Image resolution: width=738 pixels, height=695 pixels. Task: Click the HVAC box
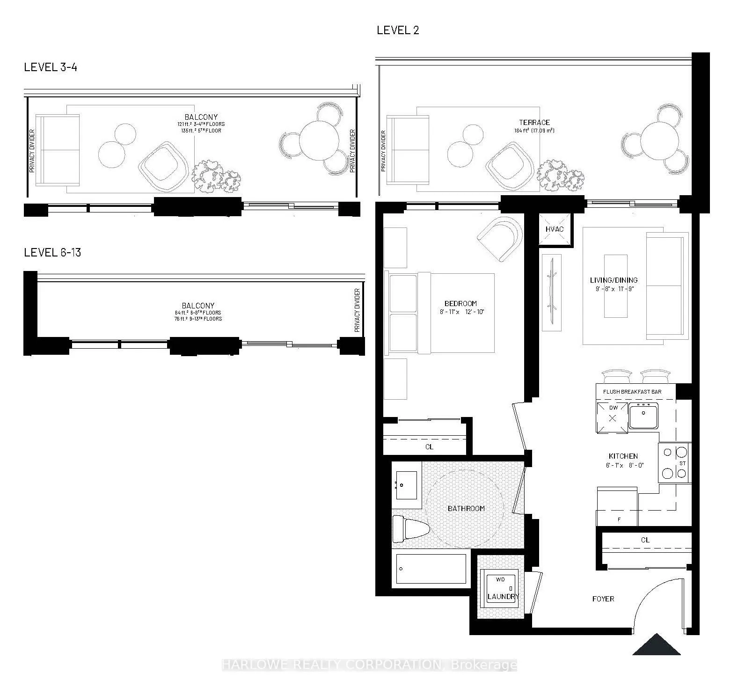point(555,229)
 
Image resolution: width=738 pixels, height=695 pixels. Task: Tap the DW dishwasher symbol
point(612,417)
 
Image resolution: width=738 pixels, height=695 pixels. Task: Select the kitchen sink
point(643,416)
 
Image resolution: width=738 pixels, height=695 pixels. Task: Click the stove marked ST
point(674,463)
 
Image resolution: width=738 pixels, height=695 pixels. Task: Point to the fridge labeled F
point(617,507)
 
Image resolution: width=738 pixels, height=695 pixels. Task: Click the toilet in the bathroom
point(410,529)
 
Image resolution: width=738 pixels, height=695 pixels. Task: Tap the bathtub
point(431,569)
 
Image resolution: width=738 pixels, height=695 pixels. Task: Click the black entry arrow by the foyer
point(657,645)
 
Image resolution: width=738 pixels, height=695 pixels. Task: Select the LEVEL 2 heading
point(398,30)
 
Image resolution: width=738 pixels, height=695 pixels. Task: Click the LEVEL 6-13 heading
point(52,253)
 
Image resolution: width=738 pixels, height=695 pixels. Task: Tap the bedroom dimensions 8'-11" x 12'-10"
point(460,311)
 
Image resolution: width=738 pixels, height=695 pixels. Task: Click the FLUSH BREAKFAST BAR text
point(632,392)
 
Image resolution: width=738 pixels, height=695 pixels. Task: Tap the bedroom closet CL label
point(429,446)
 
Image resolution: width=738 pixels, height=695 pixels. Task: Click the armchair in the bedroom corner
point(500,238)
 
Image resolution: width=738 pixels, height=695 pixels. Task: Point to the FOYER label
point(603,599)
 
